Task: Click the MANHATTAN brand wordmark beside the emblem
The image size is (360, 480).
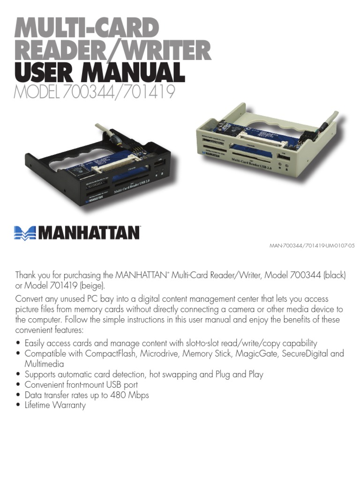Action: coord(89,232)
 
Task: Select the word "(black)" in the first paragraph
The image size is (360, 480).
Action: coord(333,275)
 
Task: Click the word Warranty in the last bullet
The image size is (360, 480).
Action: coord(69,405)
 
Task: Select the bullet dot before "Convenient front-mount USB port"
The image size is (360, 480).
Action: coord(18,385)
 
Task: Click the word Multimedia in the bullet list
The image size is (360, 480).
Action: coord(44,364)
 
